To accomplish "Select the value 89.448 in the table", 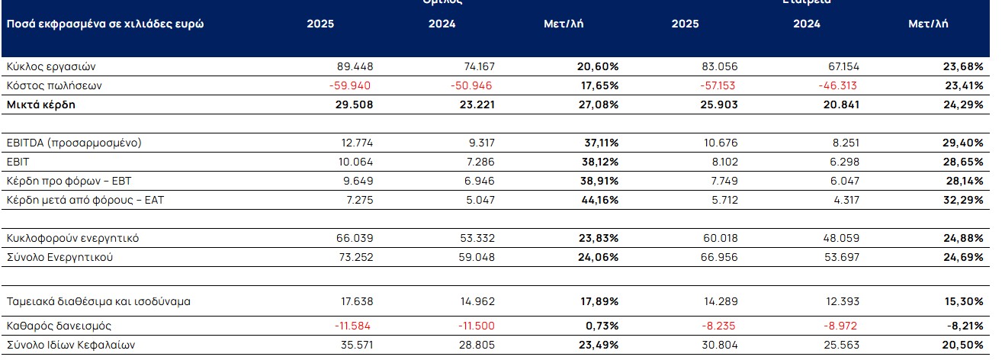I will [355, 66].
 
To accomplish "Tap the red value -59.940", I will [351, 85].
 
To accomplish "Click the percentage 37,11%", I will [599, 143].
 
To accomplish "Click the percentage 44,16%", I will [599, 200].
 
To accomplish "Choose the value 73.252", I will [355, 257].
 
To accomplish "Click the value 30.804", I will [719, 345].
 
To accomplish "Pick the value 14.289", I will [719, 301].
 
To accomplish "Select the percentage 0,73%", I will [602, 326].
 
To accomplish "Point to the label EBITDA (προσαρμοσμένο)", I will [73, 143].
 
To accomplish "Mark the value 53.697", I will [840, 257].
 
